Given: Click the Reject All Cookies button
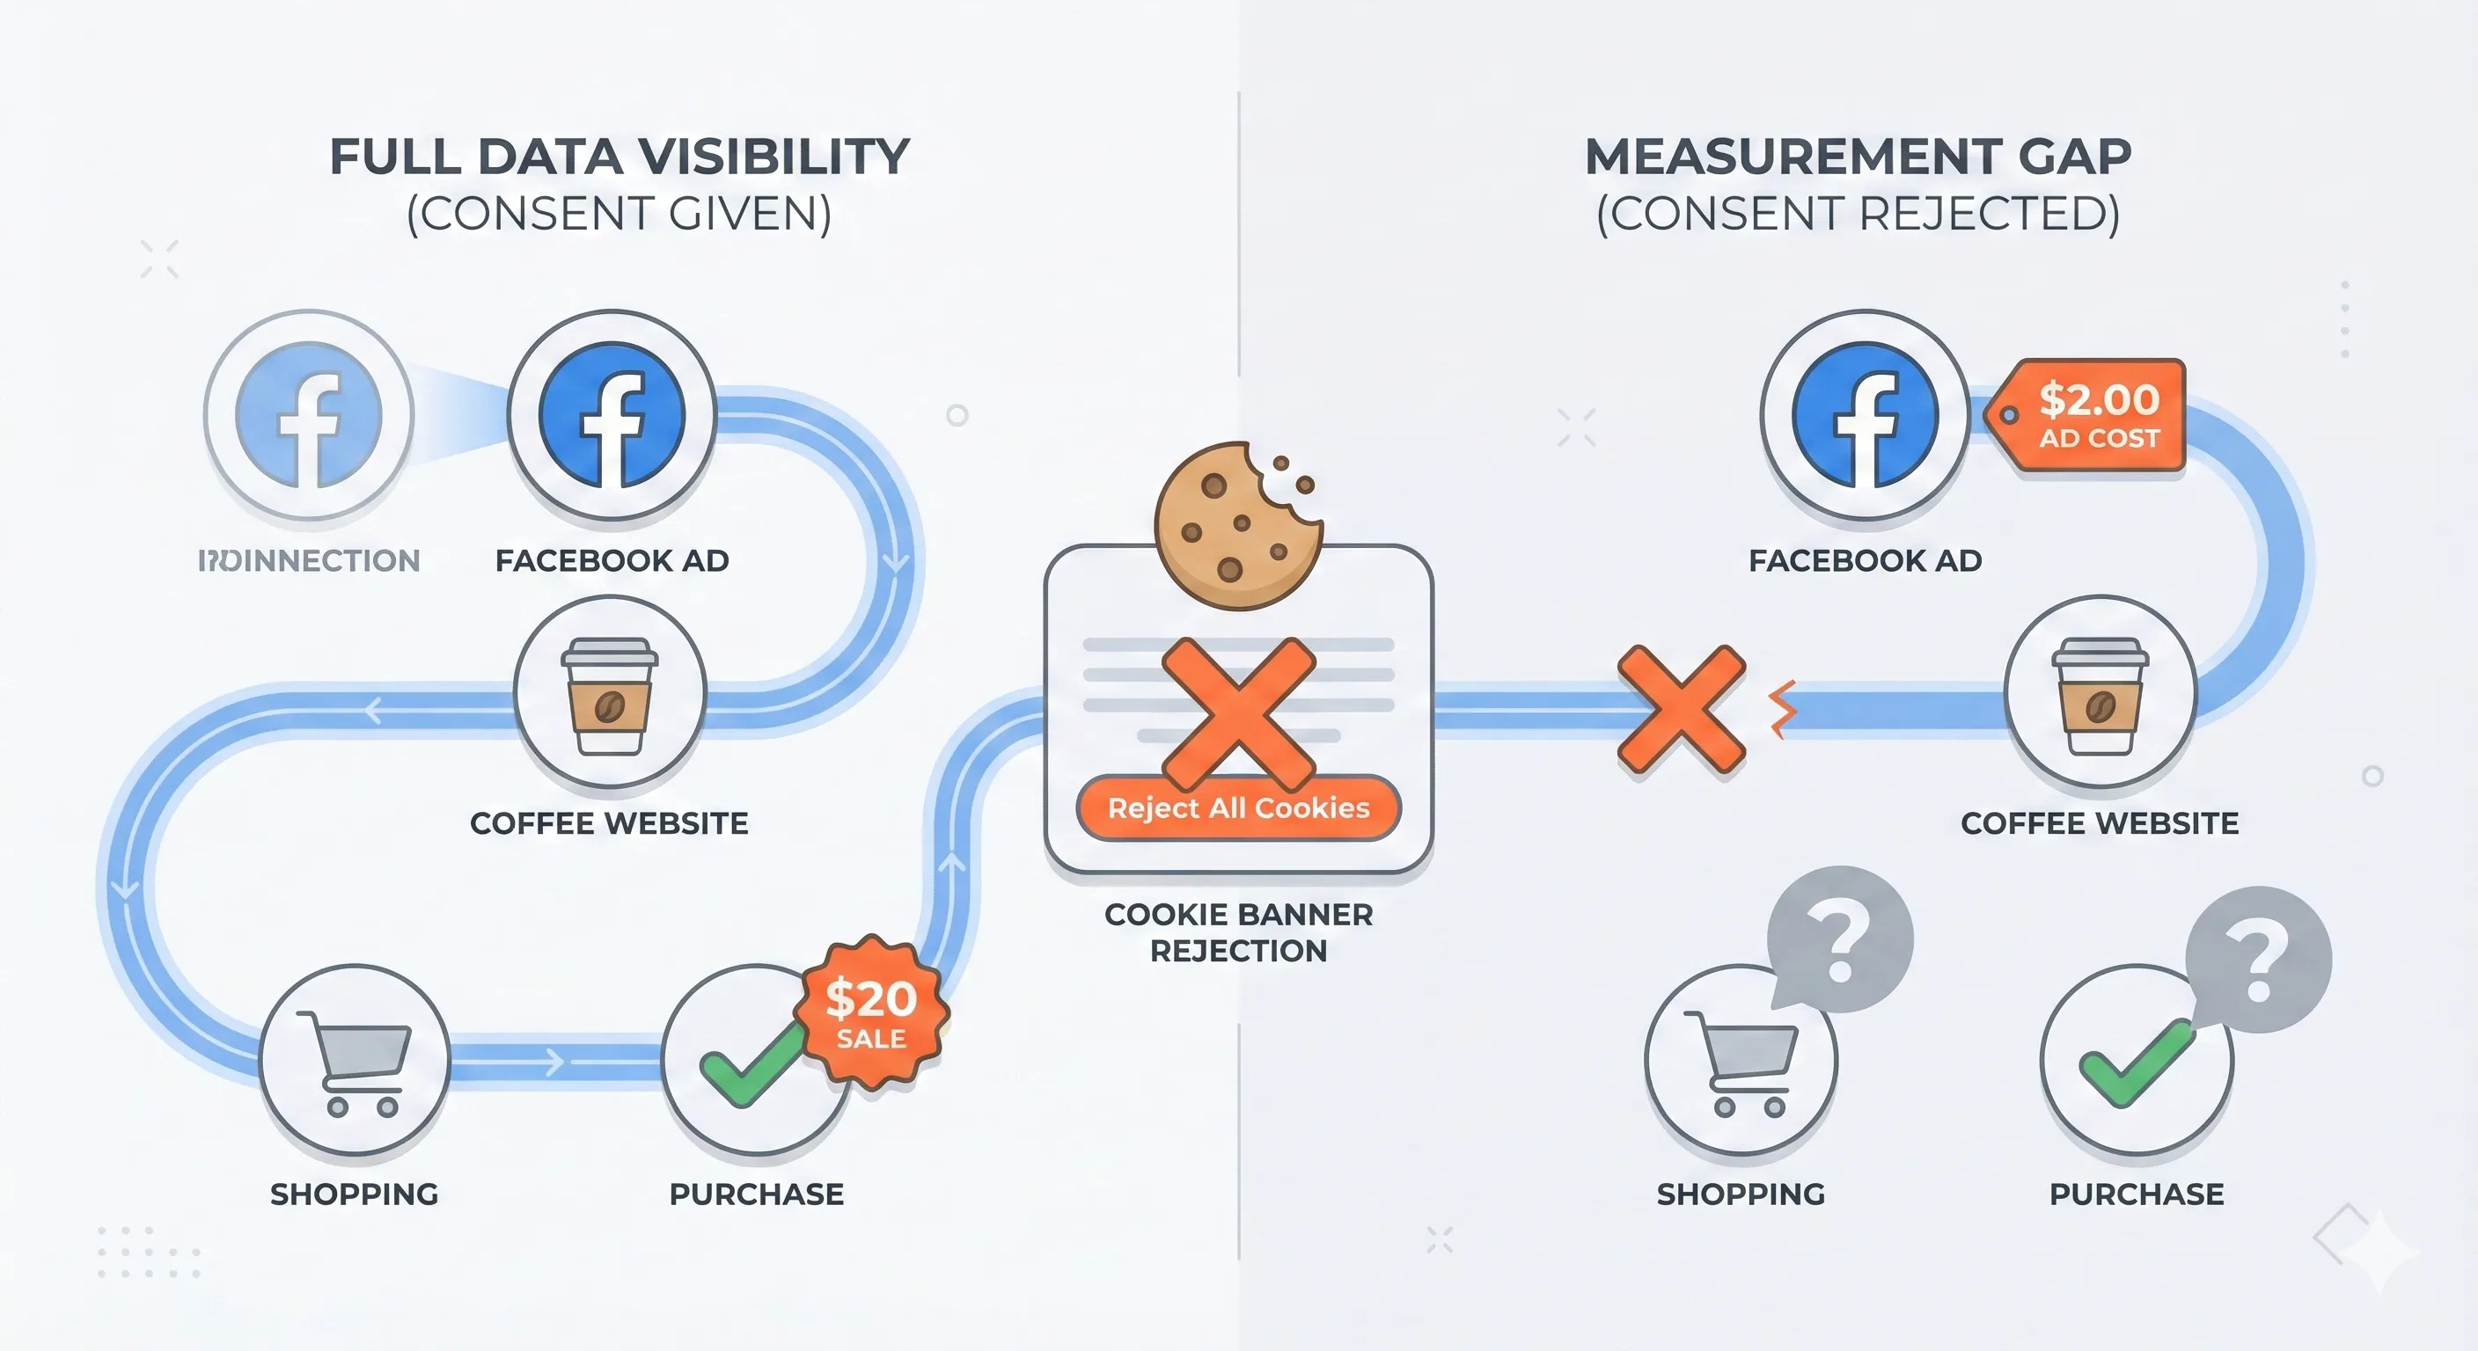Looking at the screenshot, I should pyautogui.click(x=1238, y=807).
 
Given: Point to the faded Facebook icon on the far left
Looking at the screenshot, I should pyautogui.click(x=309, y=414).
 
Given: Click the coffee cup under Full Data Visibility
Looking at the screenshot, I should pyautogui.click(x=610, y=694).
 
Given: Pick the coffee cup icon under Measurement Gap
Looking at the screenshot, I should pyautogui.click(x=2100, y=694).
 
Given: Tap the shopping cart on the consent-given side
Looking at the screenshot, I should pyautogui.click(x=354, y=1062).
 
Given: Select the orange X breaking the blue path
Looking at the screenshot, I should pyautogui.click(x=1681, y=710).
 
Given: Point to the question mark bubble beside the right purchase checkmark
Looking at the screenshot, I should pyautogui.click(x=2258, y=960).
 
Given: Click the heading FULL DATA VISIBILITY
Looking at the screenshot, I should pyautogui.click(x=619, y=157).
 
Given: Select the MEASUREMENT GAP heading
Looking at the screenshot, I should pyautogui.click(x=1858, y=157).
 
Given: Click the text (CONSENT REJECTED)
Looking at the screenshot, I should pyautogui.click(x=1858, y=214).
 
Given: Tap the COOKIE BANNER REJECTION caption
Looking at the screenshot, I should pyautogui.click(x=1238, y=931).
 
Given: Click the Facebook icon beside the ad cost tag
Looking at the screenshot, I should pyautogui.click(x=1866, y=414).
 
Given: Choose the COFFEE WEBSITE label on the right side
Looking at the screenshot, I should pyautogui.click(x=2100, y=823).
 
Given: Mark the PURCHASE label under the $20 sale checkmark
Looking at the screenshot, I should pyautogui.click(x=756, y=1194).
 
